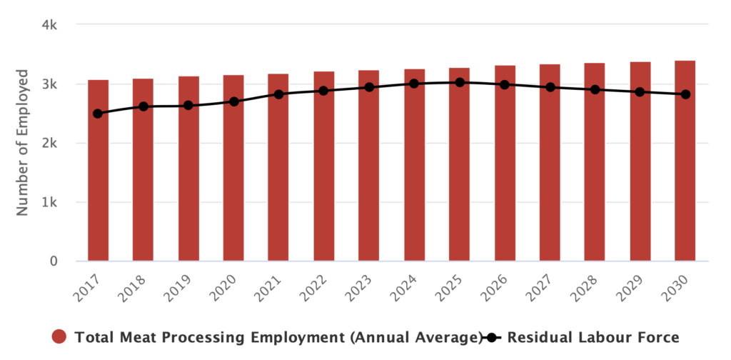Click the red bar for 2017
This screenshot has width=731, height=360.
coord(98,171)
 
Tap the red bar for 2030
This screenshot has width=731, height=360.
coord(685,161)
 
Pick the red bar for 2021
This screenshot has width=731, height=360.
coord(278,168)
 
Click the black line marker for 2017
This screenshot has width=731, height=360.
coord(98,114)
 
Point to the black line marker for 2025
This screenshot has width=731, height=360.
coord(460,83)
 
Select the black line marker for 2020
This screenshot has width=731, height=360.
coord(233,101)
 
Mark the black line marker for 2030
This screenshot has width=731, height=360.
coord(685,94)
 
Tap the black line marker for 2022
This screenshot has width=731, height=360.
coord(323,91)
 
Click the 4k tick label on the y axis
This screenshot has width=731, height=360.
coord(49,25)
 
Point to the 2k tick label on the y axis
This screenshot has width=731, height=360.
coord(49,143)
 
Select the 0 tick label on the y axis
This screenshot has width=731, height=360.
coord(54,261)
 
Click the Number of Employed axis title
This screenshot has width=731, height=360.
coord(22,143)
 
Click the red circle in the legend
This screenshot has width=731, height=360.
coord(59,337)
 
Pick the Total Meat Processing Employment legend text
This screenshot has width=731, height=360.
coord(276,337)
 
